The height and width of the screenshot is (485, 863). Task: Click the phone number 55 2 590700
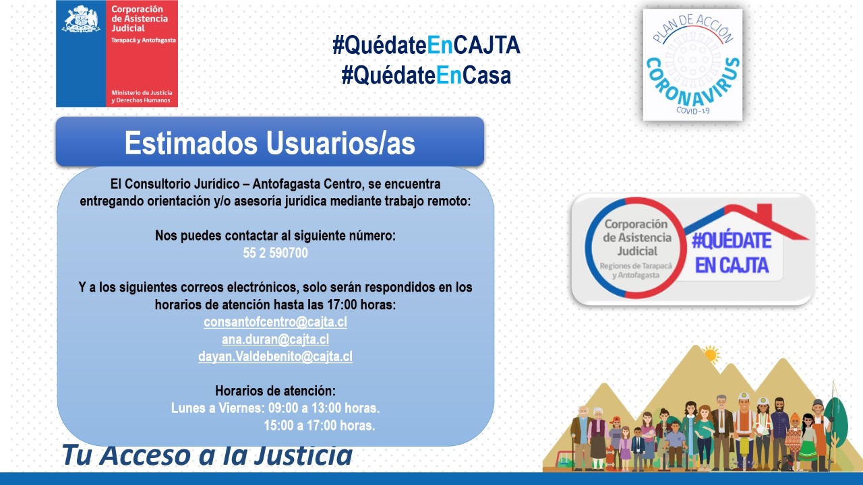pos(275,253)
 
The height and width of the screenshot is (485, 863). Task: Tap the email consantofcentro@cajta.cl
pos(275,322)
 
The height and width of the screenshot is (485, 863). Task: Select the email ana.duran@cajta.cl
pos(275,339)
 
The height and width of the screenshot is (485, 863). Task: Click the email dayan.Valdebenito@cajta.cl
pos(275,357)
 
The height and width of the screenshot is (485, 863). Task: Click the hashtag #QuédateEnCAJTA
pos(426,46)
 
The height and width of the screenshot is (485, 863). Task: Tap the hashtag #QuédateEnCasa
pos(426,75)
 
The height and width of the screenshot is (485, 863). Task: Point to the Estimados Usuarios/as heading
pos(270,143)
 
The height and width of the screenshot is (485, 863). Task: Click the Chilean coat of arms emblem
pos(81,19)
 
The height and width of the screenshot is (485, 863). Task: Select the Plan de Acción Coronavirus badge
pos(692,65)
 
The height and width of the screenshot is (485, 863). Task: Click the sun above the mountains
pos(710,353)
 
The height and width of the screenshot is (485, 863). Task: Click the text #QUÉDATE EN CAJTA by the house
pos(732,253)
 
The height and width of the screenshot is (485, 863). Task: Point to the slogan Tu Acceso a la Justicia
pos(207,455)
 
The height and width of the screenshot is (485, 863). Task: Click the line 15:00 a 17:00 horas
pos(320,426)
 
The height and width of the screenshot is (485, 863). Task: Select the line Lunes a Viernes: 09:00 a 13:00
pos(275,408)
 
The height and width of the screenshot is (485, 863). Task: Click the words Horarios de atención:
pos(275,391)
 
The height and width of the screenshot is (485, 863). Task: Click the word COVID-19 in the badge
pos(692,110)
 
